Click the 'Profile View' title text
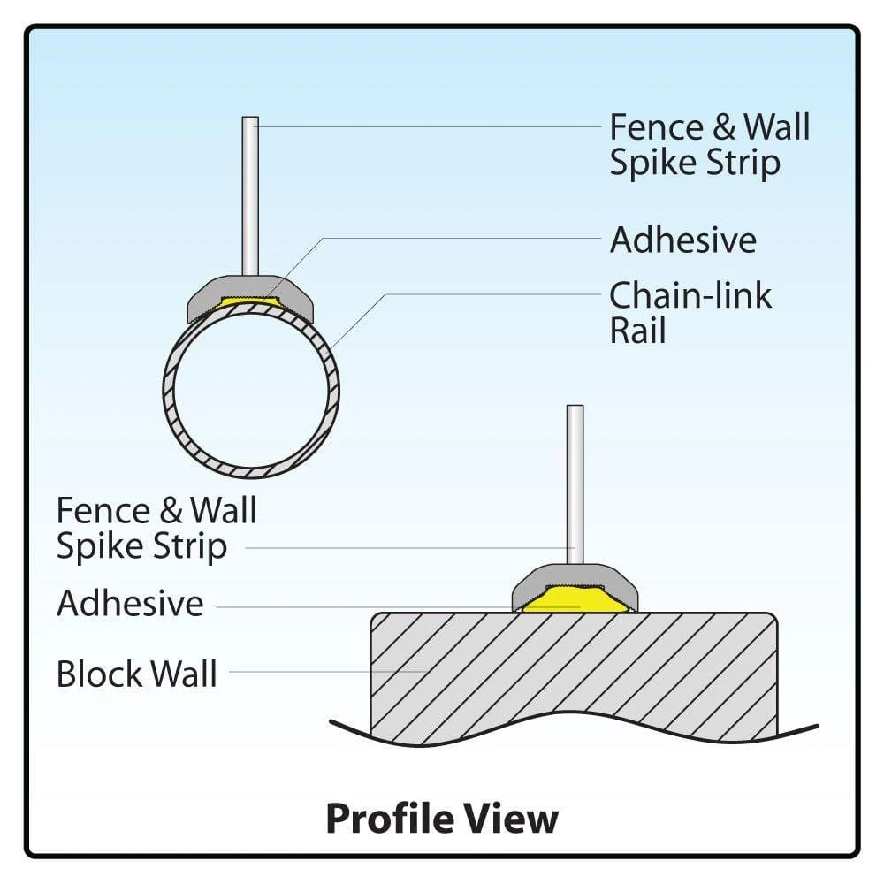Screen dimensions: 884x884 442,818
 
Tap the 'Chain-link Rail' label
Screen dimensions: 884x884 690,313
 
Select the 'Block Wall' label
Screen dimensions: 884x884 136,674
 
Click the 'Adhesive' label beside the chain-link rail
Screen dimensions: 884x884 682,240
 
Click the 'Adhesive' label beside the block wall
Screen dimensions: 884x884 130,604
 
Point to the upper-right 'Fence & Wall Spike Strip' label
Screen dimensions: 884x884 709,144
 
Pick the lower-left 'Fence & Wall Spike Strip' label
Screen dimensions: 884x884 156,528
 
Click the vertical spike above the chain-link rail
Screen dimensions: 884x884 250,194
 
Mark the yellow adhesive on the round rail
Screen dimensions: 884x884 251,301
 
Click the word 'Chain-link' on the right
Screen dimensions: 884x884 690,295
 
